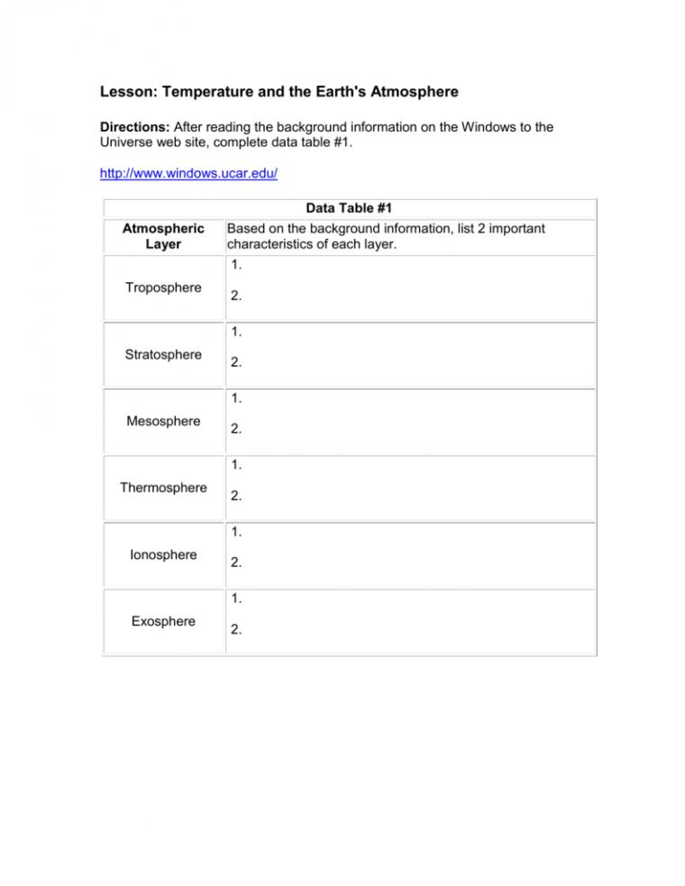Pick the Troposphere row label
pyautogui.click(x=163, y=288)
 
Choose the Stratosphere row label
pyautogui.click(x=163, y=354)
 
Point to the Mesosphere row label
pyautogui.click(x=163, y=421)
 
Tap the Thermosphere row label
pyautogui.click(x=163, y=488)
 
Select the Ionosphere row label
pyautogui.click(x=163, y=554)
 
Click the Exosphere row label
pyautogui.click(x=163, y=621)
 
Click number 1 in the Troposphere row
pyautogui.click(x=236, y=265)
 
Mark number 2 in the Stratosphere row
pyautogui.click(x=236, y=363)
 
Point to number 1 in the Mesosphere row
pyautogui.click(x=236, y=398)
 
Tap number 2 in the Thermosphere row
pyautogui.click(x=236, y=497)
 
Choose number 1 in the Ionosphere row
pyautogui.click(x=236, y=532)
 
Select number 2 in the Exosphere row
pyautogui.click(x=236, y=630)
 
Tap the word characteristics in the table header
pyautogui.click(x=274, y=244)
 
